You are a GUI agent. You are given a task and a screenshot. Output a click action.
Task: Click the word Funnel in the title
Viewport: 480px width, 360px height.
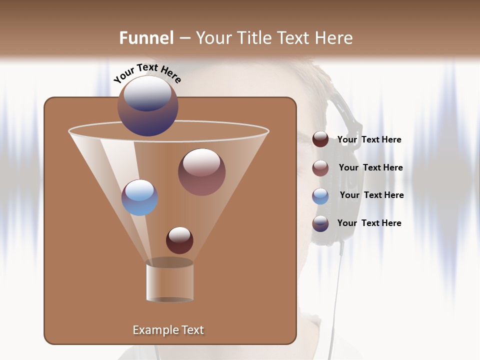coord(146,38)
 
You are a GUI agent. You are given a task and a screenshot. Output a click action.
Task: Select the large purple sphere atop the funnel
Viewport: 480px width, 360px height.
coord(148,106)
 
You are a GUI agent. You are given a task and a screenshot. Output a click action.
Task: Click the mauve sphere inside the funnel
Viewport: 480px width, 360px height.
coord(201,172)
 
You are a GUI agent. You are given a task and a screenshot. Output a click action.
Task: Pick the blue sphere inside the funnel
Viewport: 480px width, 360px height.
coord(140,197)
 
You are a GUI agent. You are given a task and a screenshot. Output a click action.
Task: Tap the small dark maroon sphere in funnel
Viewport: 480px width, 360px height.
coord(179,240)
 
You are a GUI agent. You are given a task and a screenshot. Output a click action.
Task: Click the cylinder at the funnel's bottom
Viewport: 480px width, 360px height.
coord(170,281)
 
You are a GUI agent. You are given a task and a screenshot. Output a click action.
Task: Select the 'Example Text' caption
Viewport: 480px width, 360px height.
coord(168,330)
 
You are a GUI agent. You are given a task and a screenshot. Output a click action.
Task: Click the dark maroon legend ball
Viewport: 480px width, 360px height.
coord(320,139)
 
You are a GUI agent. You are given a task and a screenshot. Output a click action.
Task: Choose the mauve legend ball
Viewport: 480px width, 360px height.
coord(320,167)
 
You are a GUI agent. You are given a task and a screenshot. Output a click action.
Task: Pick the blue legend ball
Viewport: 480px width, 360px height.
coord(320,195)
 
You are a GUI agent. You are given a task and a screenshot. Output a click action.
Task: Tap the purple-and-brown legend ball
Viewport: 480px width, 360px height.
coord(320,223)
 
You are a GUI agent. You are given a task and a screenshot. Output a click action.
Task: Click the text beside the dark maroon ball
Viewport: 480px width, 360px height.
coord(369,140)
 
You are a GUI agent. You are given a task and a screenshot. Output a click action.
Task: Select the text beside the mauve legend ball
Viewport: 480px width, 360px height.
coord(370,168)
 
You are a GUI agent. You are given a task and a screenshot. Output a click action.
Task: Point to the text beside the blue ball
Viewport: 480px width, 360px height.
coord(371,195)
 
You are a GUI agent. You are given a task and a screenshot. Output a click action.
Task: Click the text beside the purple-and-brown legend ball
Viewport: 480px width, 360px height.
coord(369,223)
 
